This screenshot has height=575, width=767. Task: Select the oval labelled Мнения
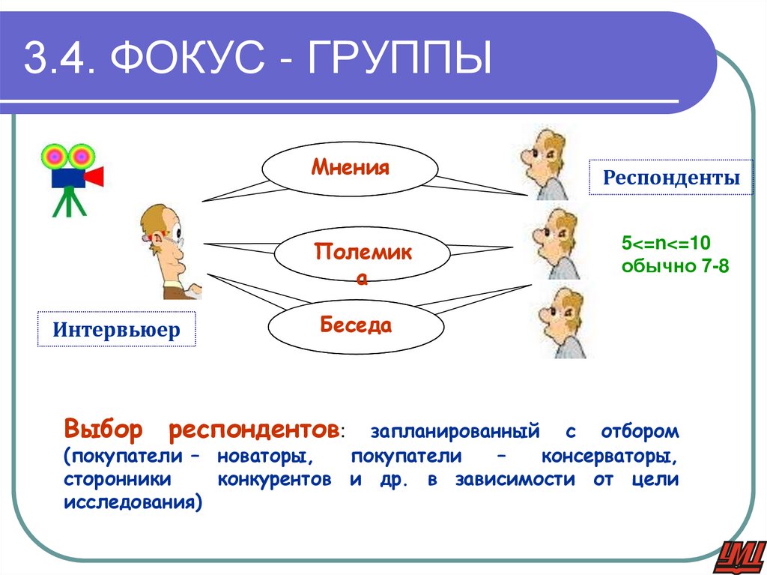coord(350,167)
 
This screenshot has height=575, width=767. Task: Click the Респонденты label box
coord(671,178)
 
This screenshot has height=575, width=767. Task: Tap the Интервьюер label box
coord(116,330)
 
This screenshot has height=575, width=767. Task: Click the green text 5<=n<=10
coord(665,244)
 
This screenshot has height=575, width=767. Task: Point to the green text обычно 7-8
coord(674,266)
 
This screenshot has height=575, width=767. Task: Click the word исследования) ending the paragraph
coord(133,503)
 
